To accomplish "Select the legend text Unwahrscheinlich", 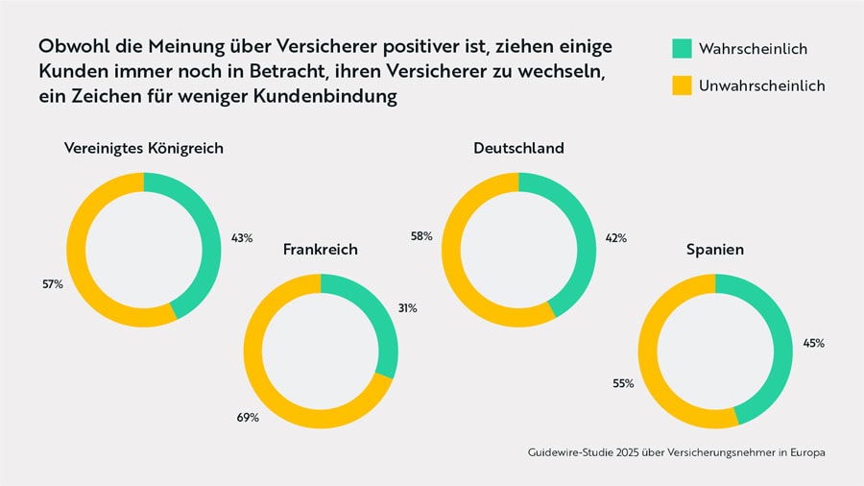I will (761, 85).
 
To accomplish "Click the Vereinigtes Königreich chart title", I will (143, 149).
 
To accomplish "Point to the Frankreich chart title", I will (320, 250).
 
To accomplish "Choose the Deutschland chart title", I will (518, 149).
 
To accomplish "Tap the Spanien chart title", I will (715, 250).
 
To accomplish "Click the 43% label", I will (242, 237).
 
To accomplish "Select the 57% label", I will (52, 285).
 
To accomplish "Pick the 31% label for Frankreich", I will (408, 308).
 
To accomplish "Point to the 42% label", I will (615, 237).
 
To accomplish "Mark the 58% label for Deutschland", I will (421, 235).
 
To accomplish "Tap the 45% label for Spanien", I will (813, 343).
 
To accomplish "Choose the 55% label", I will (623, 383).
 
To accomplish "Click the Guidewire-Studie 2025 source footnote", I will (676, 451).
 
